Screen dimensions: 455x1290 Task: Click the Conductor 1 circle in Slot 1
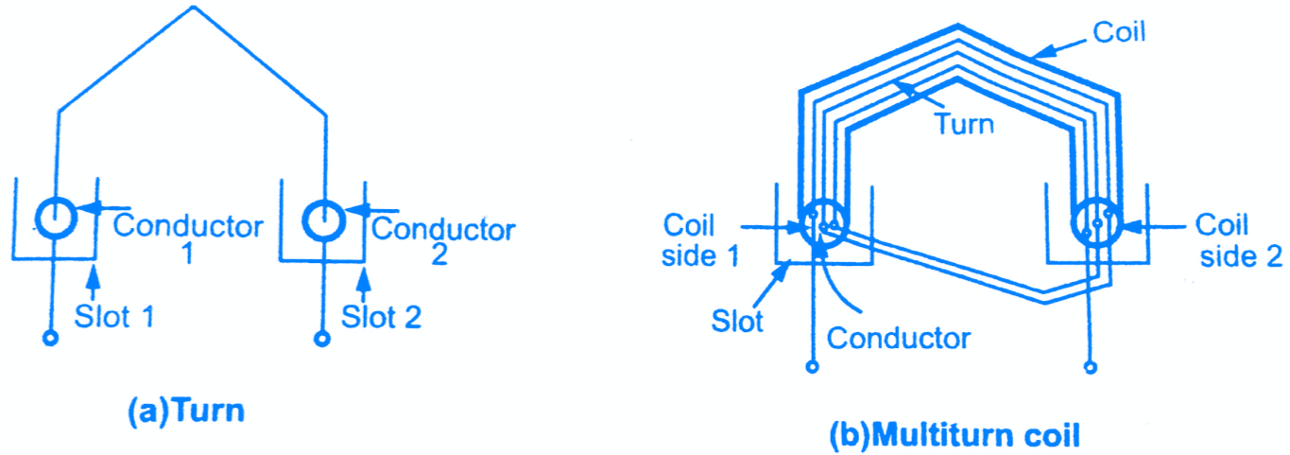pyautogui.click(x=58, y=220)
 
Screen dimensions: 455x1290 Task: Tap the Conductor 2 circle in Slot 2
pyautogui.click(x=324, y=220)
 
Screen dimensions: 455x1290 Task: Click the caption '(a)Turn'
pyautogui.click(x=185, y=411)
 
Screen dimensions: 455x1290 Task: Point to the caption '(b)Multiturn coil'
pyautogui.click(x=954, y=437)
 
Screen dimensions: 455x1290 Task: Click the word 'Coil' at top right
pyautogui.click(x=1120, y=31)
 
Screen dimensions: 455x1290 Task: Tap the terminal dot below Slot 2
pyautogui.click(x=322, y=338)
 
